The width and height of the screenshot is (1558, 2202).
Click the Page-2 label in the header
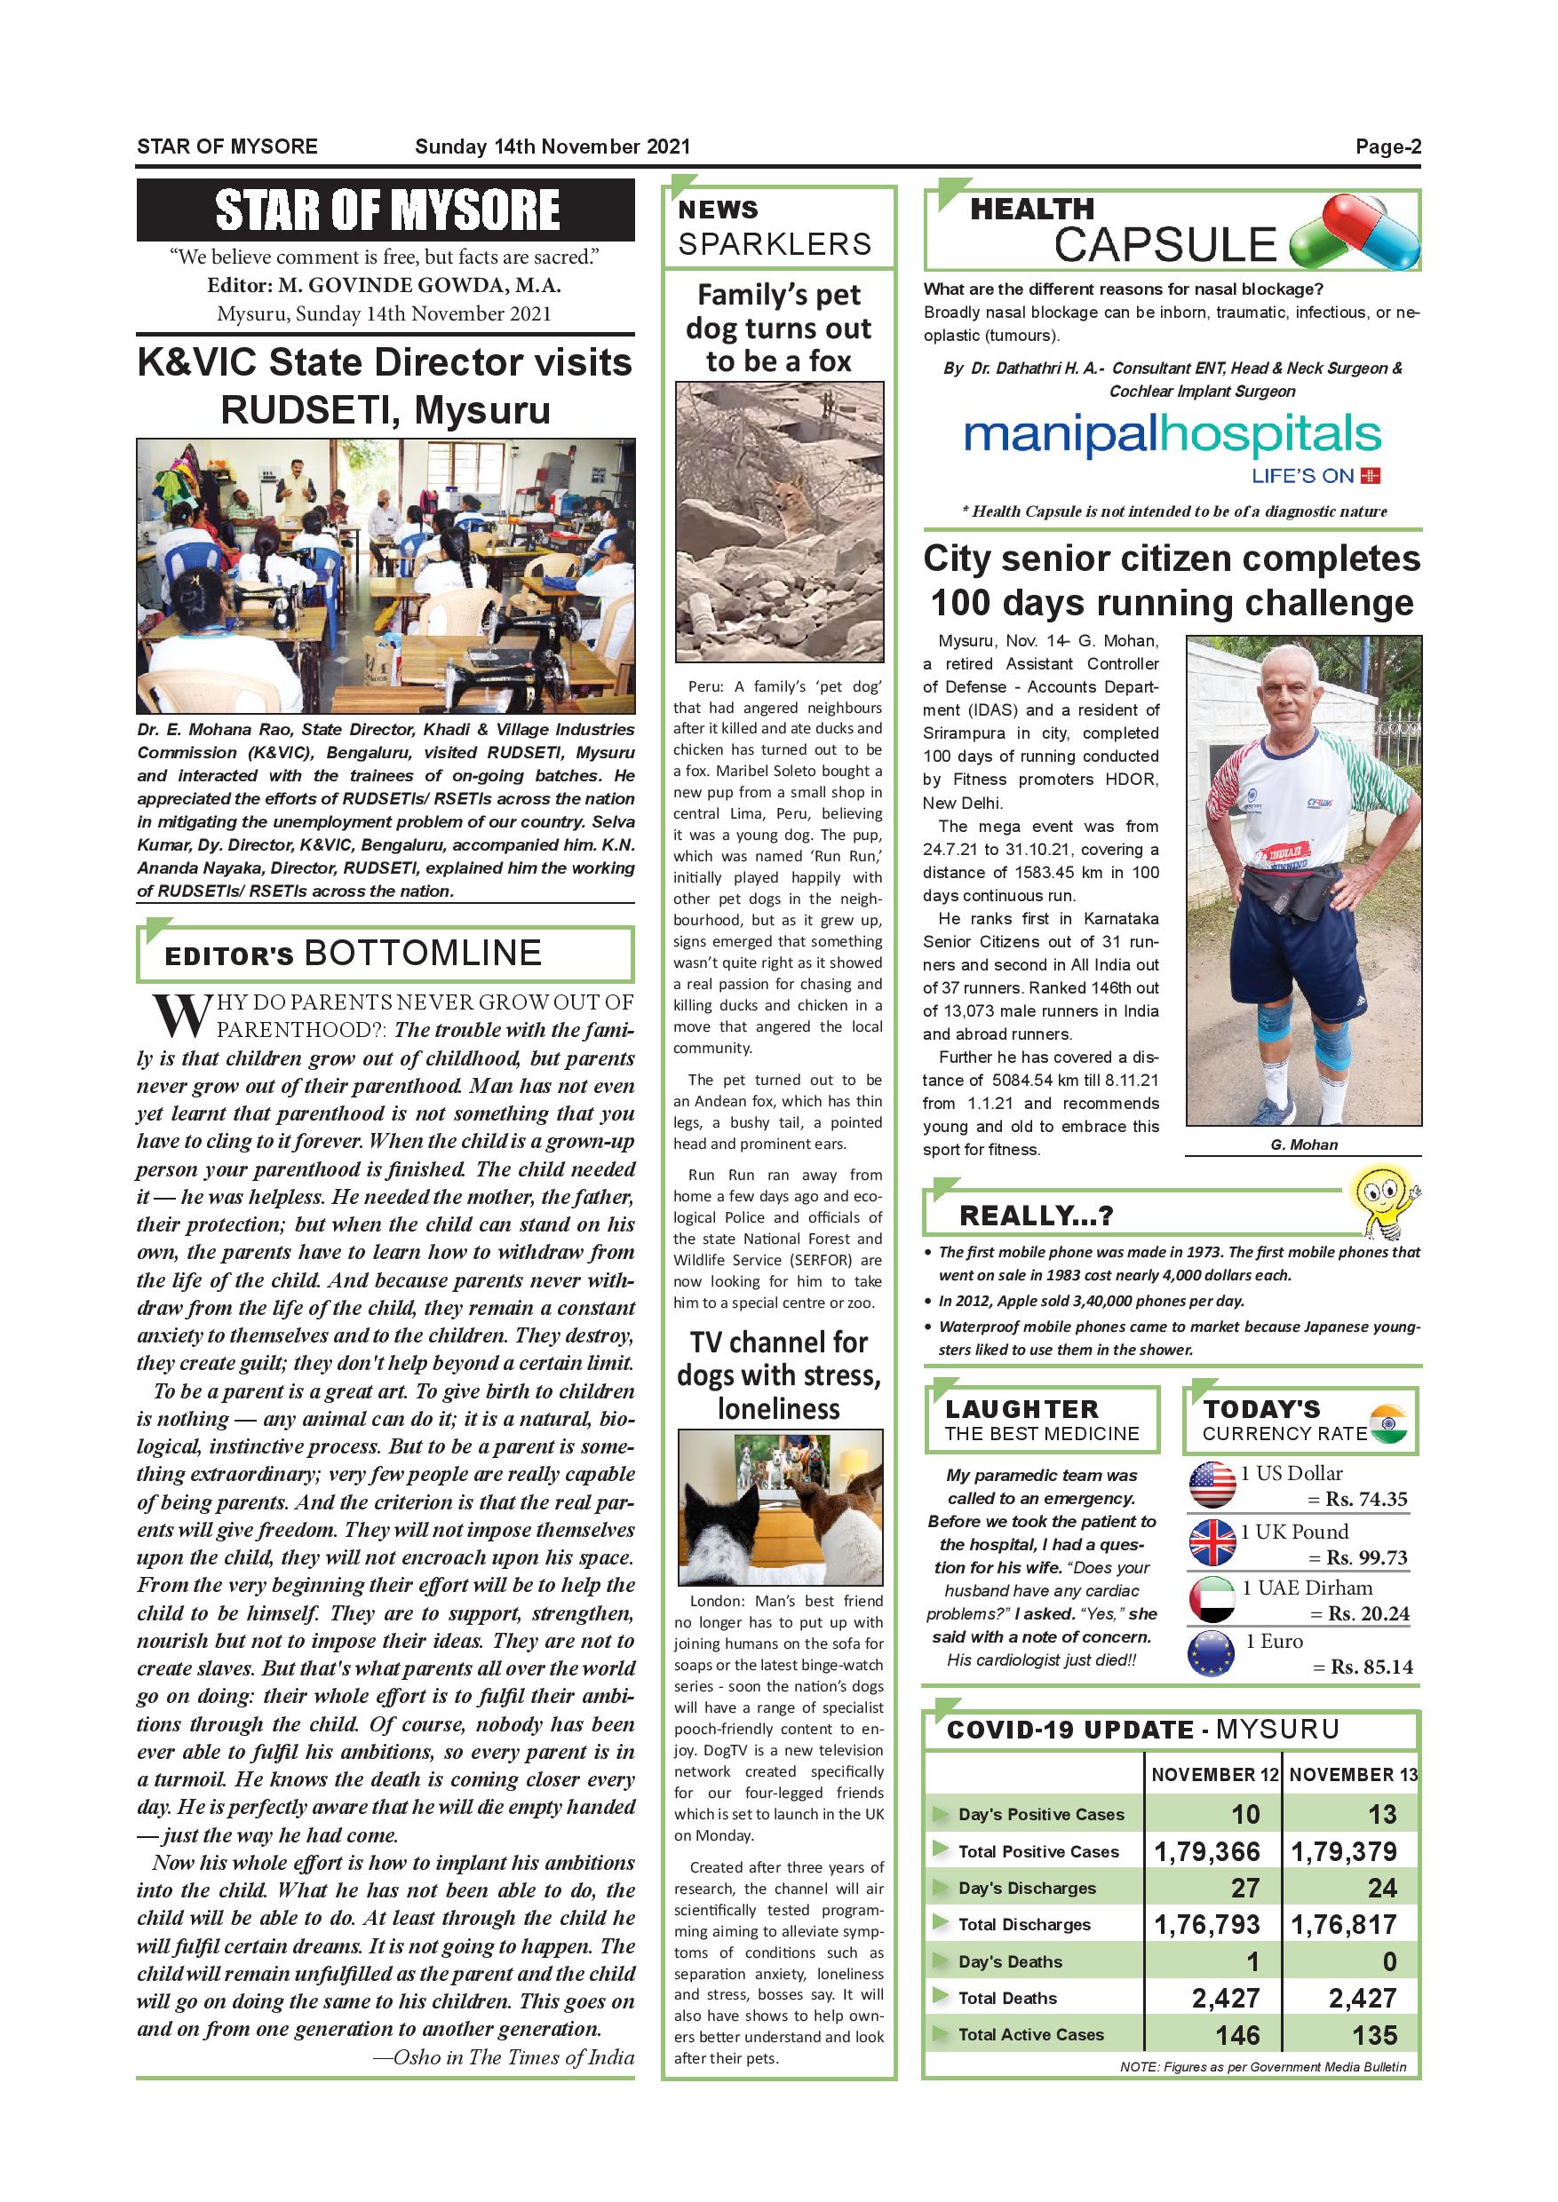click(x=1387, y=147)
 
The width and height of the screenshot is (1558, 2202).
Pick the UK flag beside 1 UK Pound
click(x=1212, y=1542)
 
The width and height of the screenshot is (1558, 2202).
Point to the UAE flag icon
click(x=1212, y=1599)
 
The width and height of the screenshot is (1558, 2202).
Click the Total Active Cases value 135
click(x=1374, y=2035)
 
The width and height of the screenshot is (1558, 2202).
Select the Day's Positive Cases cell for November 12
click(x=1244, y=1815)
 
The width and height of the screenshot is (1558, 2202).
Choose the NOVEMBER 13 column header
click(x=1353, y=1774)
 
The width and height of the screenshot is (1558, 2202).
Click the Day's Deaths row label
click(x=1009, y=1962)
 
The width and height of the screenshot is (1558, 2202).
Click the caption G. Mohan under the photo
click(x=1303, y=1145)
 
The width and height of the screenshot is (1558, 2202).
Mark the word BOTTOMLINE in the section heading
click(x=423, y=954)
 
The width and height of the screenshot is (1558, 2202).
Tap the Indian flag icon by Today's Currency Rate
click(x=1387, y=1422)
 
